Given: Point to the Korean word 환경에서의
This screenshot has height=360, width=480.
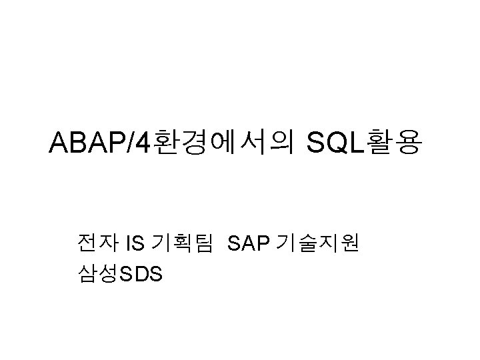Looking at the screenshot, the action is click(x=224, y=143).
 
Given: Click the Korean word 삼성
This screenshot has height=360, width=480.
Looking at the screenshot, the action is click(x=97, y=273).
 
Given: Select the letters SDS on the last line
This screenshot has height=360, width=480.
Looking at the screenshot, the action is click(x=139, y=274).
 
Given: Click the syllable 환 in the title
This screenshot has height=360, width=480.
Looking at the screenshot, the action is click(x=167, y=143).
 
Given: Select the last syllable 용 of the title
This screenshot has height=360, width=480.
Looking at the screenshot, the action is click(x=409, y=143).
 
